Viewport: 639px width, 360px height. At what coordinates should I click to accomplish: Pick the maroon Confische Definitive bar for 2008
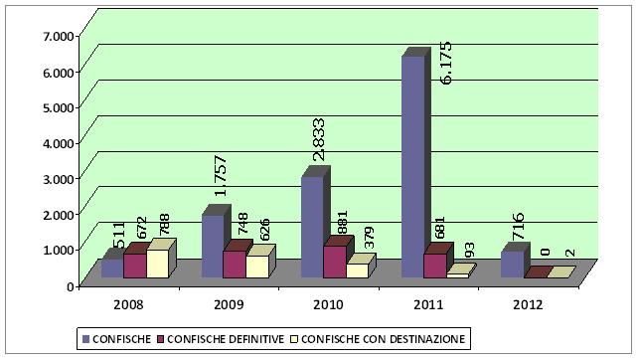[x=134, y=266]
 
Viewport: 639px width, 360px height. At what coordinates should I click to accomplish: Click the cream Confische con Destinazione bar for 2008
[x=157, y=263]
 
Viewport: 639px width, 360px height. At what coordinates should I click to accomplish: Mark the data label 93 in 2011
[x=470, y=251]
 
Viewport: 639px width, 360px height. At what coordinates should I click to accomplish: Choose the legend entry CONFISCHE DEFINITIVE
[x=224, y=339]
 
